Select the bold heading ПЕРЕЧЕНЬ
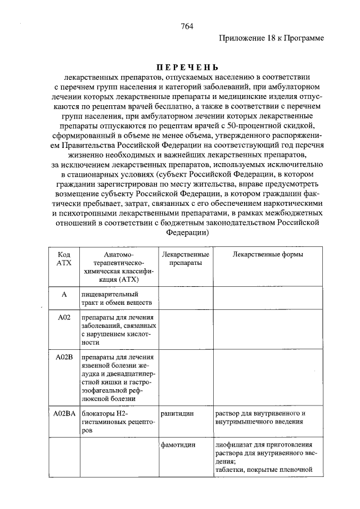(186, 67)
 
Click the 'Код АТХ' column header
(64, 259)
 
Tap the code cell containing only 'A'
(64, 294)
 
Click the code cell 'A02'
(64, 318)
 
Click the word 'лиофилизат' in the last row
(233, 444)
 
